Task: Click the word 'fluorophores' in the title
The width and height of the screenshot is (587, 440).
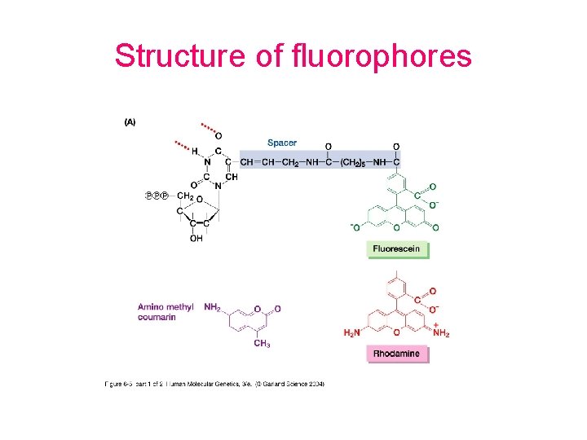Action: (380, 56)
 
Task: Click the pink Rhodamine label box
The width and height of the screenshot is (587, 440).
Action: (397, 354)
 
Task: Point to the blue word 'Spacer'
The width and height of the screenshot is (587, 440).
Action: (282, 143)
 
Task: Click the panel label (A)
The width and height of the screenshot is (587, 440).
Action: (130, 122)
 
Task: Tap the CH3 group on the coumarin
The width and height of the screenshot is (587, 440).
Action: (262, 344)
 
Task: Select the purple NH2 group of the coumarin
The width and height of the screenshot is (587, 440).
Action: (211, 308)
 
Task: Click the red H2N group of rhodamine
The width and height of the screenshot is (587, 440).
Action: (352, 332)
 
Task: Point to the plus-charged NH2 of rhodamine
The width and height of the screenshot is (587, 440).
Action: (441, 331)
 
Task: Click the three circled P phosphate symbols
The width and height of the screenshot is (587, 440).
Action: (156, 196)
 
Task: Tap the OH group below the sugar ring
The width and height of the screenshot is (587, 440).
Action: (196, 239)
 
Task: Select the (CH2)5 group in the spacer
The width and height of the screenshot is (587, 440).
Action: (355, 161)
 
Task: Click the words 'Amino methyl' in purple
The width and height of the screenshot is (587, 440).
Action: (166, 307)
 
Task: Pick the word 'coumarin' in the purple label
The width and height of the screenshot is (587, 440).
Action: (157, 317)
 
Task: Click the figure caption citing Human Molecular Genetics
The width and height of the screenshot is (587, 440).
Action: (214, 384)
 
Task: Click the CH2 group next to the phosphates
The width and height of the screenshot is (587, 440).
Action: (185, 196)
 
